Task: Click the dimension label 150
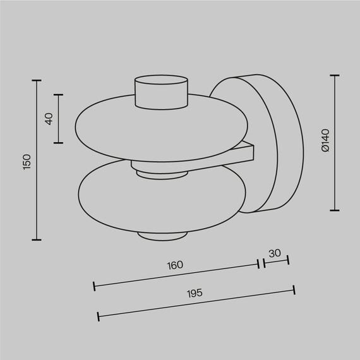pos(27,161)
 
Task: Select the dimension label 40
pos(49,119)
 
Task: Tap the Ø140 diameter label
pos(325,142)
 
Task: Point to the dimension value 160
pos(176,265)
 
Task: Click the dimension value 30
pos(275,253)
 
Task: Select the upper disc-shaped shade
pos(114,126)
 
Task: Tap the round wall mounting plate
pos(265,142)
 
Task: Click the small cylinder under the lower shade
pos(163,236)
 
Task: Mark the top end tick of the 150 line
pos(36,81)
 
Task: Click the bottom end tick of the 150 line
pos(36,239)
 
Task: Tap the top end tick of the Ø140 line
pos(335,75)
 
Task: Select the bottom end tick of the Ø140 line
pos(335,210)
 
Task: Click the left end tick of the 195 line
pos(98,316)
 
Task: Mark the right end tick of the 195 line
pos(294,289)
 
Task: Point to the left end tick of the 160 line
pos(94,286)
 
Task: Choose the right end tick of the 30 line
pos(288,260)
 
